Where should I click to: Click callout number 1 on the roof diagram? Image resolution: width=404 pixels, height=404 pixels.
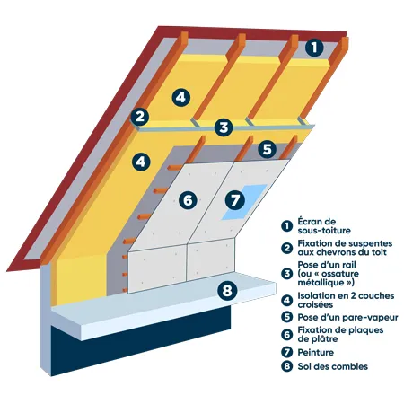click(x=313, y=48)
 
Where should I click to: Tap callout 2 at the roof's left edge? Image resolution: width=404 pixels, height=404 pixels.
click(x=139, y=116)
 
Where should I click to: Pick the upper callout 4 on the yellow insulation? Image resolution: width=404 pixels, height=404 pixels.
click(x=180, y=95)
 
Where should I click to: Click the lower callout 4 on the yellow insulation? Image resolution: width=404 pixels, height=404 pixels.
click(x=139, y=162)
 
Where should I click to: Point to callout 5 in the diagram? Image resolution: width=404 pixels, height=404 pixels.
click(x=266, y=148)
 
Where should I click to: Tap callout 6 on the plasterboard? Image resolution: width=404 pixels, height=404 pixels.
click(x=187, y=201)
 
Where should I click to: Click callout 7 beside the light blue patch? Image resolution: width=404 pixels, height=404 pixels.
click(x=235, y=199)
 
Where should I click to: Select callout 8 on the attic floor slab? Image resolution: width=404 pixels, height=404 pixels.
click(x=226, y=289)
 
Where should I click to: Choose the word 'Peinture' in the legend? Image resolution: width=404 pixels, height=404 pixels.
click(x=317, y=353)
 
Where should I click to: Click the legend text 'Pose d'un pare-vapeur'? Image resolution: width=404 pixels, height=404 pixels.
click(x=341, y=317)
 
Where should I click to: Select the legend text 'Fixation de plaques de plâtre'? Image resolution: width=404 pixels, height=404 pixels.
click(x=339, y=335)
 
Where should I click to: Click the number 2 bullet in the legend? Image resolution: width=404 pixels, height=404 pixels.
click(x=286, y=247)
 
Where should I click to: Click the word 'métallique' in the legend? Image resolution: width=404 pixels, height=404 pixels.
click(x=321, y=282)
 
